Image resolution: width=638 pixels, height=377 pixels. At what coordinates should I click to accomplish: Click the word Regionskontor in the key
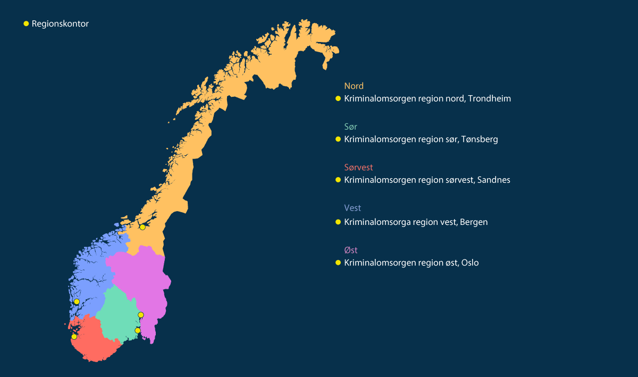point(60,24)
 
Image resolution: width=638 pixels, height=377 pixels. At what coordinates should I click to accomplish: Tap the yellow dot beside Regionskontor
point(26,24)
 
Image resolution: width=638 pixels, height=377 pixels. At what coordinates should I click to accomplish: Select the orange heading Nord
point(354,86)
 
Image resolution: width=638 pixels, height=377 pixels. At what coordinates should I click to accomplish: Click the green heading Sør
point(350,127)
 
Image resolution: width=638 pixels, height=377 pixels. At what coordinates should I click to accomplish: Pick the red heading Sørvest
point(358,167)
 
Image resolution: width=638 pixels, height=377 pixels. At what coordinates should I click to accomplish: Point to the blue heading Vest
point(352,208)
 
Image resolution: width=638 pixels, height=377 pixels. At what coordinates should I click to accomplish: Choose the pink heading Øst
point(351,249)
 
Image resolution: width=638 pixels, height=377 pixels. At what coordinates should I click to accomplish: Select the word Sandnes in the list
point(494,180)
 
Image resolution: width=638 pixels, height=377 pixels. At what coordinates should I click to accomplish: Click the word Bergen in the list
point(474,222)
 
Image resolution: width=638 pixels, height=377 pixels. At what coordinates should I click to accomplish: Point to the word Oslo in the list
point(470,263)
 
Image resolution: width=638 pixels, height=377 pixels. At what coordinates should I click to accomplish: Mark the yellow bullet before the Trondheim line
point(338,99)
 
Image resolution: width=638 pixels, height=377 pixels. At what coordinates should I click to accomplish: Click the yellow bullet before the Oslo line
point(338,263)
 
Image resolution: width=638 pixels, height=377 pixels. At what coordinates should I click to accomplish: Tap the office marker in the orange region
point(142,227)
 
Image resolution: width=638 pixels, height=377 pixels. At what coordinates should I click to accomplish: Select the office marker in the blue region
point(77,301)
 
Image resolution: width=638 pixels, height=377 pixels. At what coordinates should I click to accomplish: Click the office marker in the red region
point(74,337)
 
